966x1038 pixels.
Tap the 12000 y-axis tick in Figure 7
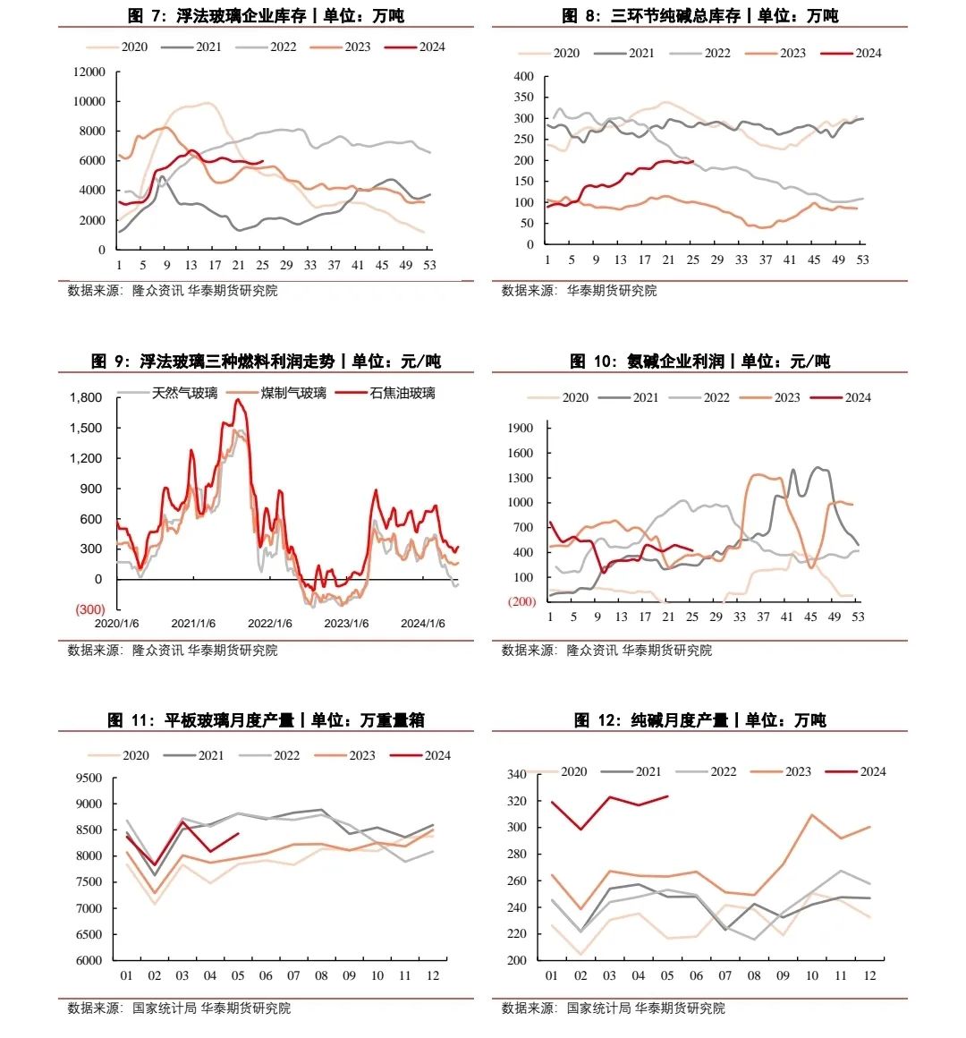89,72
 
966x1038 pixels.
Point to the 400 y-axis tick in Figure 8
524,76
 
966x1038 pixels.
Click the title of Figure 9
266,361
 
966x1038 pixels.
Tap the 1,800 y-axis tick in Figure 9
86,397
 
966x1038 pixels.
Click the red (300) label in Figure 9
89,609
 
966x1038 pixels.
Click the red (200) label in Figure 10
521,601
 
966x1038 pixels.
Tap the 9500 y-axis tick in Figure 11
89,778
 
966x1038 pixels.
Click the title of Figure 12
699,719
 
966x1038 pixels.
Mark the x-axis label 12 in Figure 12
869,975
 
